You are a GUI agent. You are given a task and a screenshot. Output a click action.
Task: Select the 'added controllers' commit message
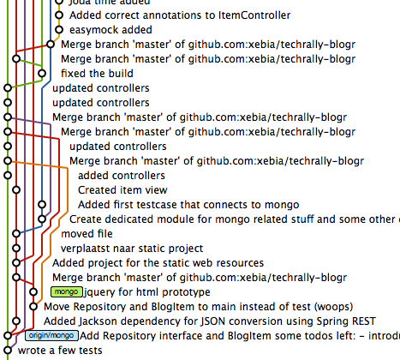coord(121,176)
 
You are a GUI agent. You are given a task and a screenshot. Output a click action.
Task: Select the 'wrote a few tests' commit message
coord(60,350)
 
